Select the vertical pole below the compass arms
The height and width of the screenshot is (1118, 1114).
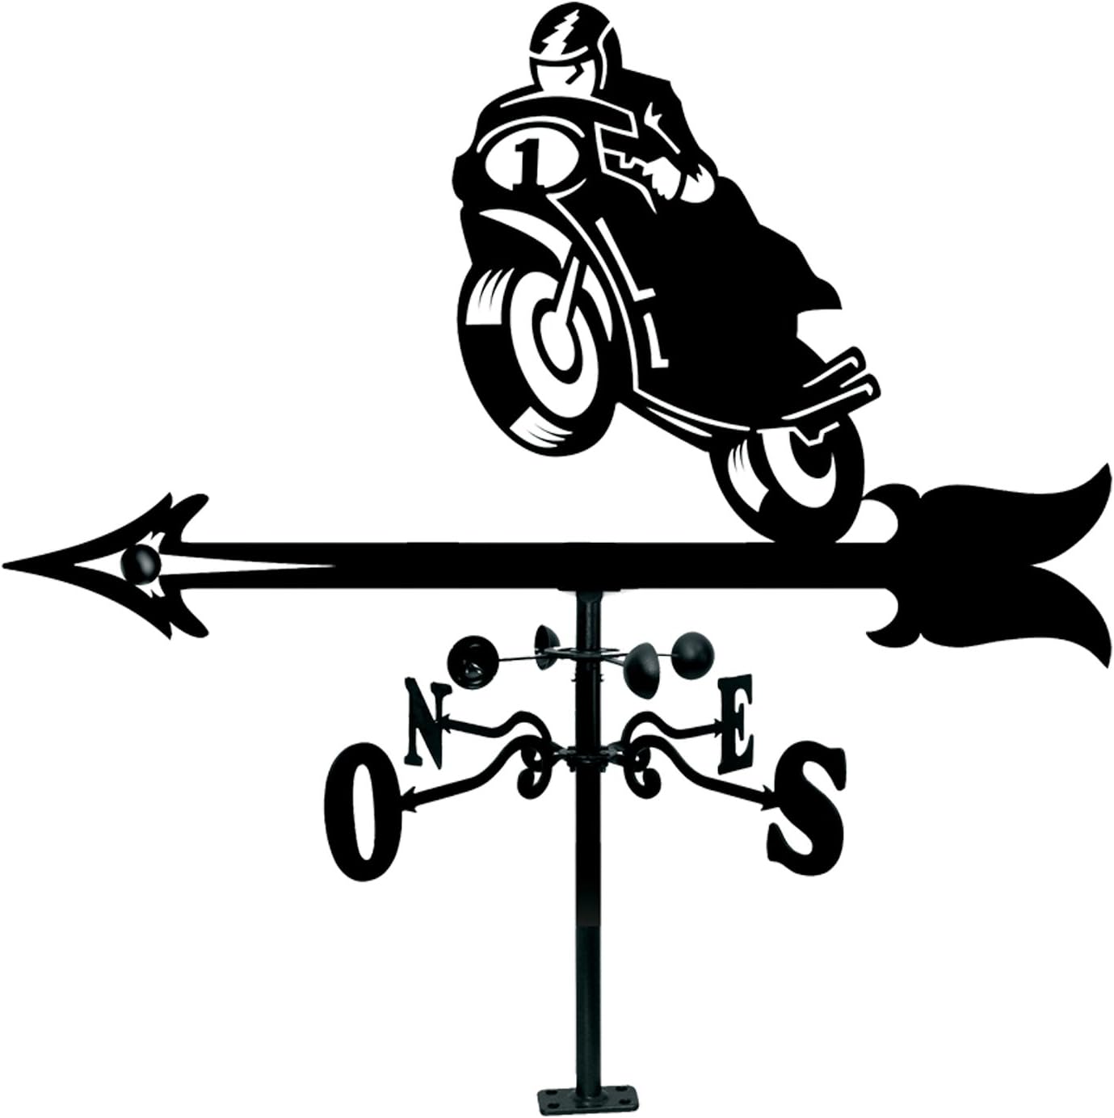[584, 929]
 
